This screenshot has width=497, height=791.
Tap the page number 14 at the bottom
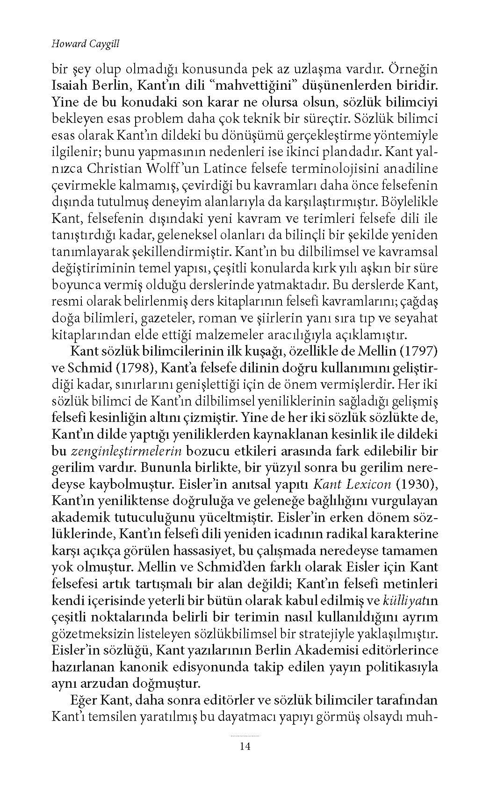pyautogui.click(x=245, y=746)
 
